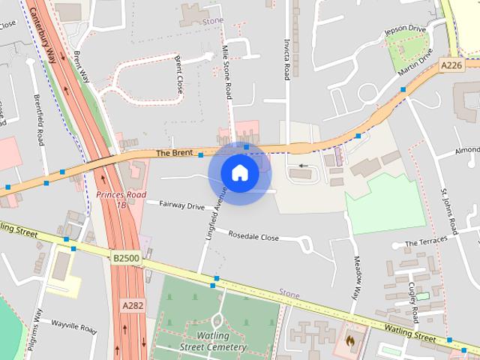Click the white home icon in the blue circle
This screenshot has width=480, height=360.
tap(239, 173)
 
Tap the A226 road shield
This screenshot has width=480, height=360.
tap(451, 66)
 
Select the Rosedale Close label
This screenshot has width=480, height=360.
tap(253, 237)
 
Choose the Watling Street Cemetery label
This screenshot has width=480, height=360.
tap(213, 341)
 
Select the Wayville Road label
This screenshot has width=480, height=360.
tap(73, 325)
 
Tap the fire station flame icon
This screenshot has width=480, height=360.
tap(349, 340)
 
